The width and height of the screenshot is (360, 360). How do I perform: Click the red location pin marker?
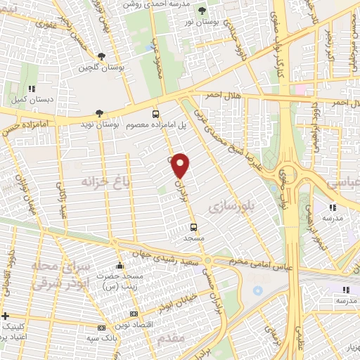point(181,165)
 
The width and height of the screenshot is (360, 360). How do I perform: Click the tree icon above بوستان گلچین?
point(102,56)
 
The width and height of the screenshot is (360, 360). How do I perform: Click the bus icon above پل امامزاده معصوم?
point(156,113)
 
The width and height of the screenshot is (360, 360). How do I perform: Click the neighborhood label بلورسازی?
point(225,206)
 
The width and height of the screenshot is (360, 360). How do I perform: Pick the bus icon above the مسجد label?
point(193,228)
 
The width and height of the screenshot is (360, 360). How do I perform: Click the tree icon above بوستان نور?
point(203,10)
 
